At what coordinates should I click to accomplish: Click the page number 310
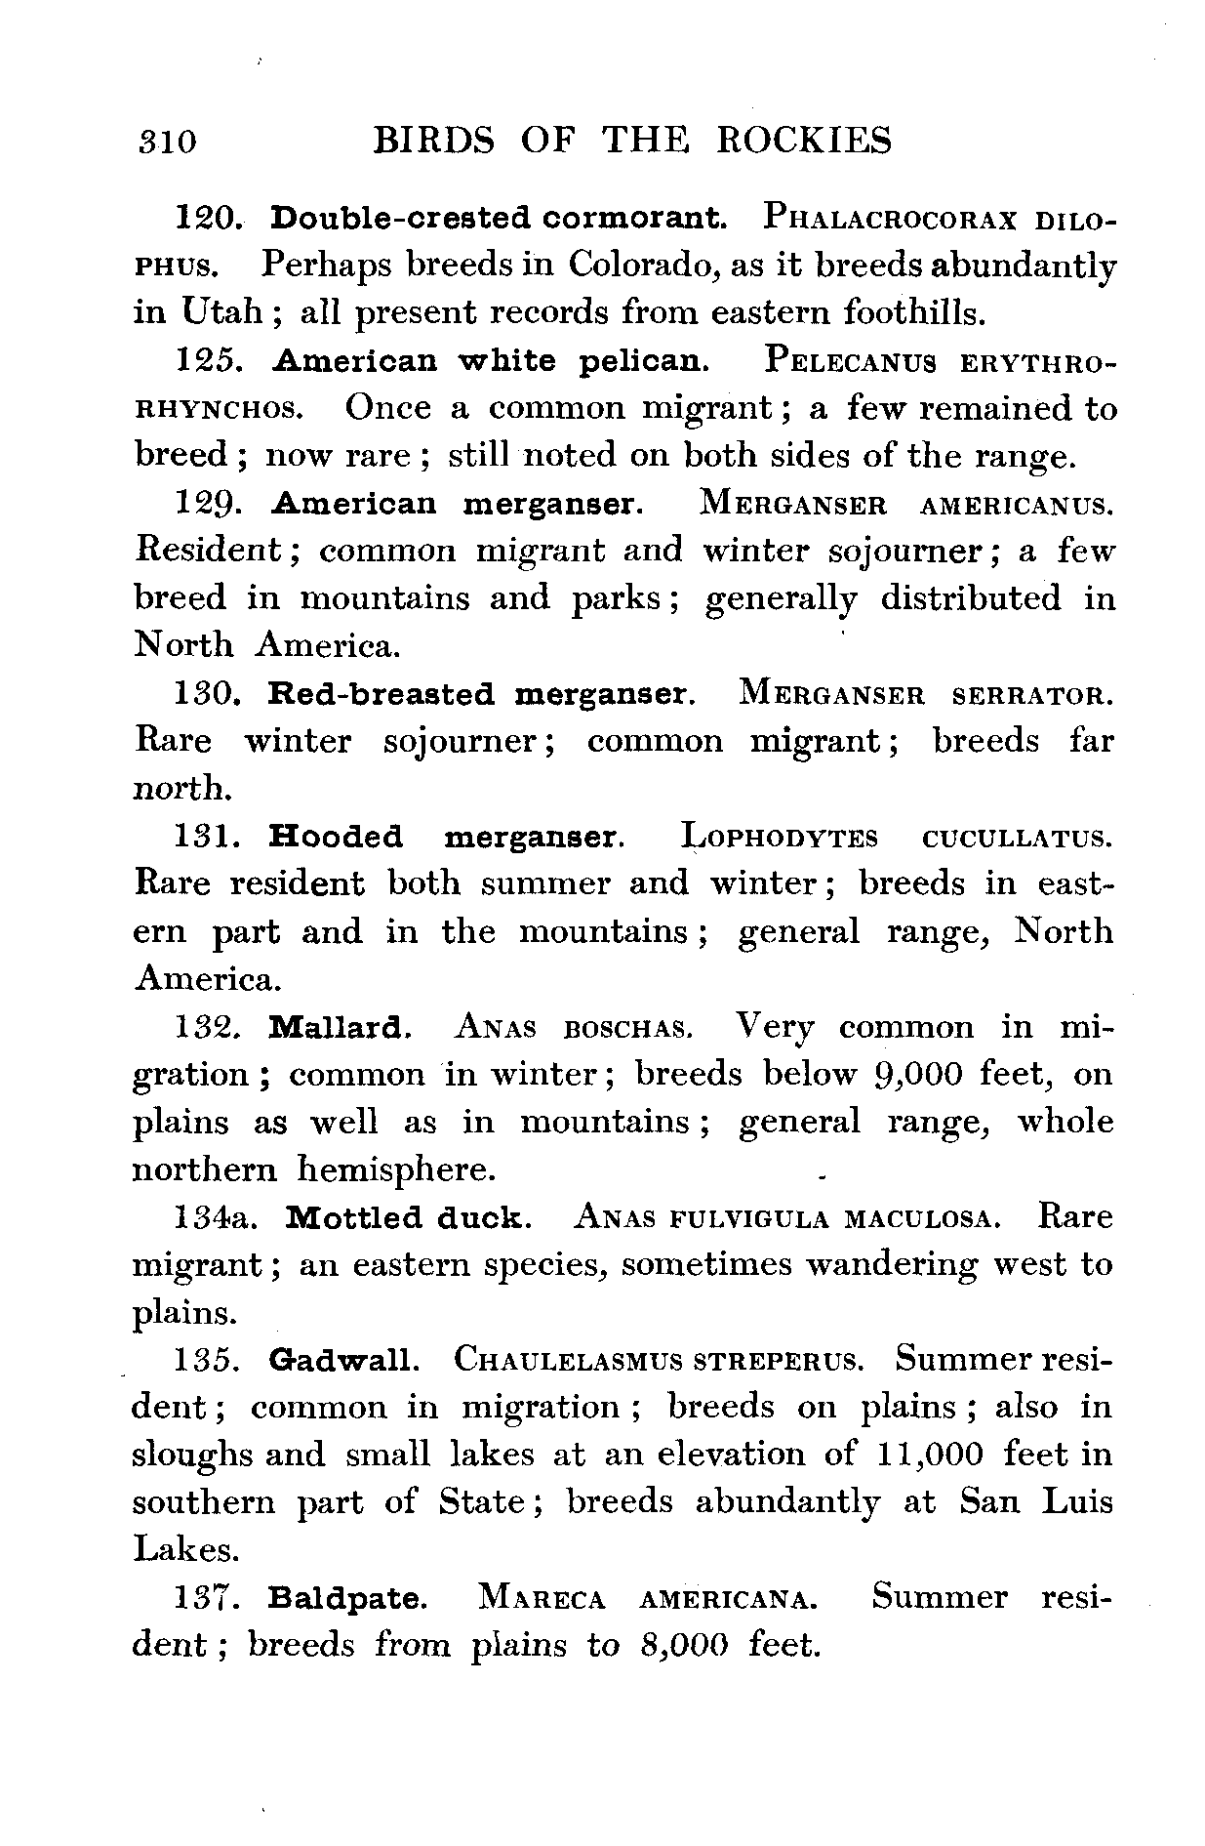click(166, 143)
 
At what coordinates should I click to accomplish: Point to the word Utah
click(221, 312)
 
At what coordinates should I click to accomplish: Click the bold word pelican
click(645, 361)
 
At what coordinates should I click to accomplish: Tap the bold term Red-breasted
click(382, 695)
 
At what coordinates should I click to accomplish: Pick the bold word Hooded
click(335, 838)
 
